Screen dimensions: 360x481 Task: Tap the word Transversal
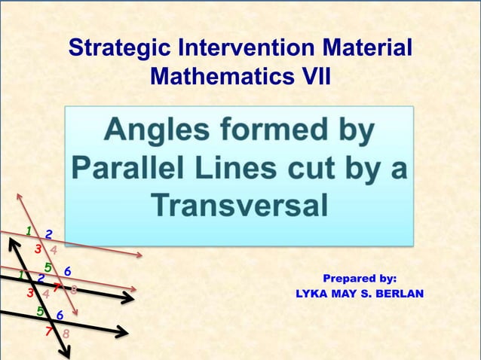coord(239,204)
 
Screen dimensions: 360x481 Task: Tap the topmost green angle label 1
coord(28,230)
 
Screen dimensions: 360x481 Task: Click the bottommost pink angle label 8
coord(66,333)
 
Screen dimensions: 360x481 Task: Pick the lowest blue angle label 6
coord(60,316)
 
